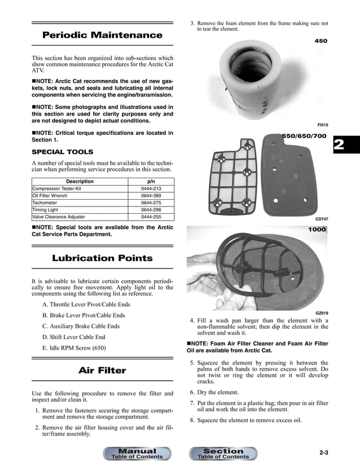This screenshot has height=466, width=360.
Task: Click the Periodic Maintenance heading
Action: click(102, 35)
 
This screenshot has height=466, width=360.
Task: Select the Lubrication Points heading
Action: click(102, 258)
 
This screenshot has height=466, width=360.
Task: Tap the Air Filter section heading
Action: click(102, 371)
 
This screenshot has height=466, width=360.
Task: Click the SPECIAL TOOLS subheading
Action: click(62, 152)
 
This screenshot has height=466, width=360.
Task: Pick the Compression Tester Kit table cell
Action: click(56, 188)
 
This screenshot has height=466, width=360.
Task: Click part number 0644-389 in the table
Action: click(151, 196)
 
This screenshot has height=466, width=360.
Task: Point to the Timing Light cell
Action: click(46, 210)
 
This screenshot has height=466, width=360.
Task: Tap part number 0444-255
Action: click(151, 217)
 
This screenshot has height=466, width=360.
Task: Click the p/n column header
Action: click(151, 181)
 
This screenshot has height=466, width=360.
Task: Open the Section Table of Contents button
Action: click(223, 454)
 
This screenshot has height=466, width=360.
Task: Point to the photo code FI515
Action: click(323, 125)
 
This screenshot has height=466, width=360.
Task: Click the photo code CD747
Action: click(322, 218)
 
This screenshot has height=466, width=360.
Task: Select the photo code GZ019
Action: click(322, 313)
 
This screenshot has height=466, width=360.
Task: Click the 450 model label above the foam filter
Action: click(321, 41)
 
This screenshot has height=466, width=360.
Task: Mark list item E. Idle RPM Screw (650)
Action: click(74, 348)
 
